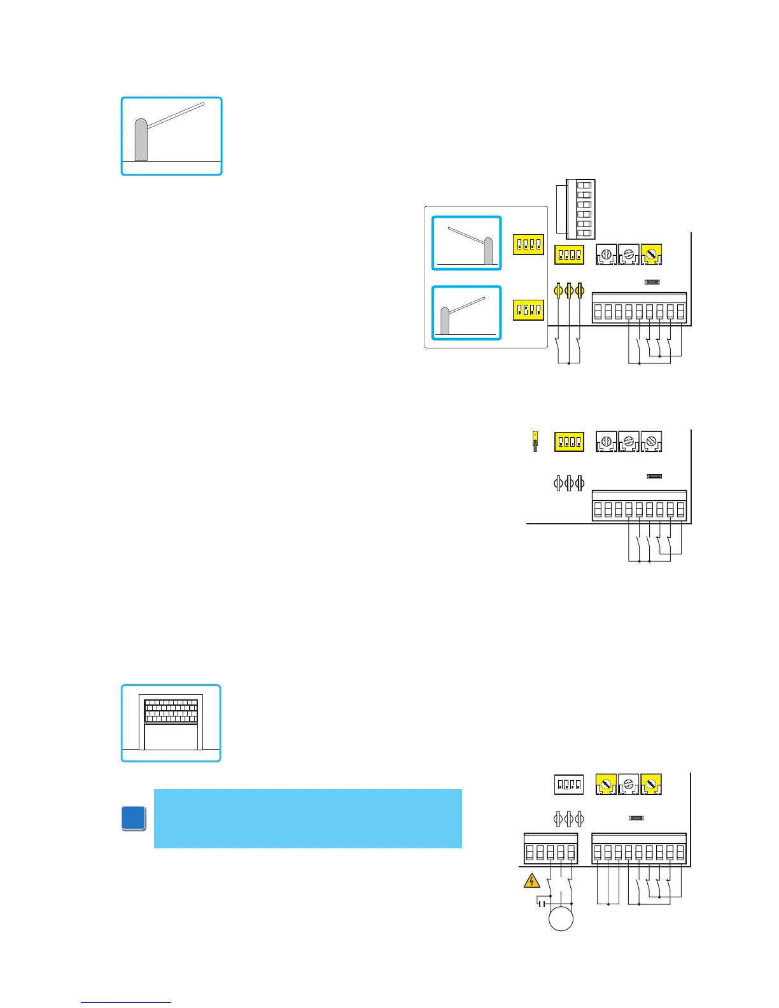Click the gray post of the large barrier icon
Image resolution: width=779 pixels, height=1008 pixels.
coord(141,140)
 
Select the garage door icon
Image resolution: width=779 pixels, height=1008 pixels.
coord(171,724)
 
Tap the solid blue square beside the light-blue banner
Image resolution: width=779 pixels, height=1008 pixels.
coord(134,818)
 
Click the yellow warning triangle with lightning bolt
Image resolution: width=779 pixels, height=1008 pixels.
coord(531,881)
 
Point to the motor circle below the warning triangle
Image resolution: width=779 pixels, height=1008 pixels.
coord(561,919)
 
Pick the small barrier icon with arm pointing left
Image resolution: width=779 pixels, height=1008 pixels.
coord(467,243)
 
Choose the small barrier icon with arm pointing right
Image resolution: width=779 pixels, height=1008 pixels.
coord(467,312)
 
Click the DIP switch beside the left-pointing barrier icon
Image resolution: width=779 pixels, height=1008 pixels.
coord(528,244)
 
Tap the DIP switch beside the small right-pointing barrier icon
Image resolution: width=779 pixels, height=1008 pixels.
coord(528,310)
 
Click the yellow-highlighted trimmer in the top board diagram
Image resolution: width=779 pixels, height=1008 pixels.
coord(651,255)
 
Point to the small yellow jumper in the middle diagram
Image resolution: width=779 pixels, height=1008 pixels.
coord(535,440)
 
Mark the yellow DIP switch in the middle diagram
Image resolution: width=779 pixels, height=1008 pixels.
coord(569,442)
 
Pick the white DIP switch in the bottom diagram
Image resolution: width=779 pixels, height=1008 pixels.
coord(568,785)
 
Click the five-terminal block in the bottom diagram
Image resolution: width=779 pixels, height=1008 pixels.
coord(551,848)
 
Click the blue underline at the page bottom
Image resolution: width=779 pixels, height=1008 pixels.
coord(126,1003)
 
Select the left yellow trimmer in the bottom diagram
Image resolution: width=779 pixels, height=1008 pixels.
coord(606,785)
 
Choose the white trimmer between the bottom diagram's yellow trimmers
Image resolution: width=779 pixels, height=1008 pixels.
coord(629,785)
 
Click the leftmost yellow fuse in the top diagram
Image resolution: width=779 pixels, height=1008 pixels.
coord(558,291)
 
